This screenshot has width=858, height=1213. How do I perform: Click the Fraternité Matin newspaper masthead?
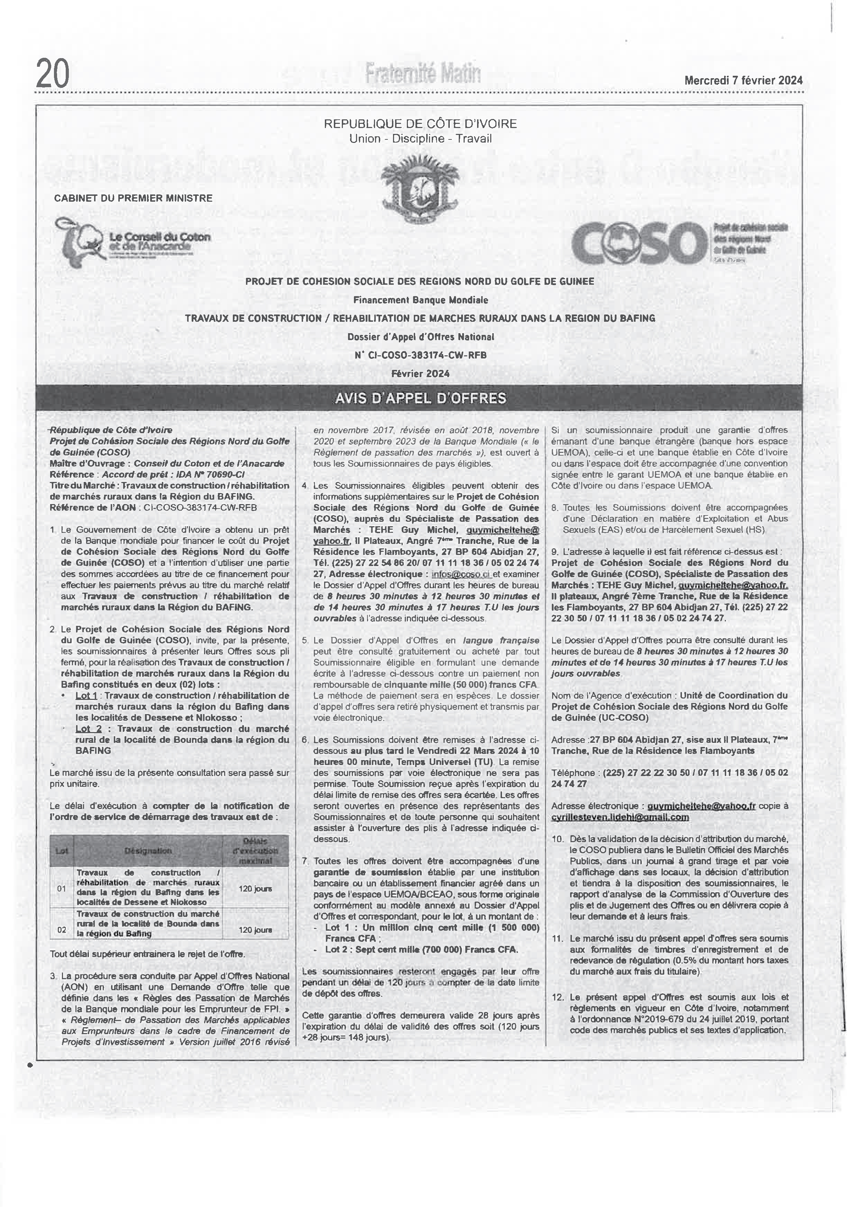[423, 73]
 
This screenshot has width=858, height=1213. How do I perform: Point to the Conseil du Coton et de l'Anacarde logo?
[132, 241]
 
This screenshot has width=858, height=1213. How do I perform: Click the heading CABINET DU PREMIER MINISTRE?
[133, 198]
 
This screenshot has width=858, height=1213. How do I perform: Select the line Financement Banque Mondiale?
[421, 300]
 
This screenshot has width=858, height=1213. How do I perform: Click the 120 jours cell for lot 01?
[255, 888]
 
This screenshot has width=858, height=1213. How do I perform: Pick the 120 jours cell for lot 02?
[255, 930]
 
